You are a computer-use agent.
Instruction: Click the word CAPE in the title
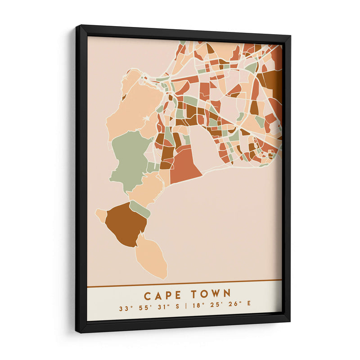(x=163, y=295)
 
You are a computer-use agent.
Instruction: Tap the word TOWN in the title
(x=211, y=295)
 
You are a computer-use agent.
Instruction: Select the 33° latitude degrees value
(x=124, y=309)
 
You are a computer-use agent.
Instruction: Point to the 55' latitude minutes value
(x=145, y=309)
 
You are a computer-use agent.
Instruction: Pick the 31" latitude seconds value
(x=165, y=309)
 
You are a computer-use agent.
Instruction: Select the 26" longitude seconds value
(x=234, y=309)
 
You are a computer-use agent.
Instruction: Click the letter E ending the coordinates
(x=248, y=309)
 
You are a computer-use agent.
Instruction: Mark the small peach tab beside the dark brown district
(x=101, y=216)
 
